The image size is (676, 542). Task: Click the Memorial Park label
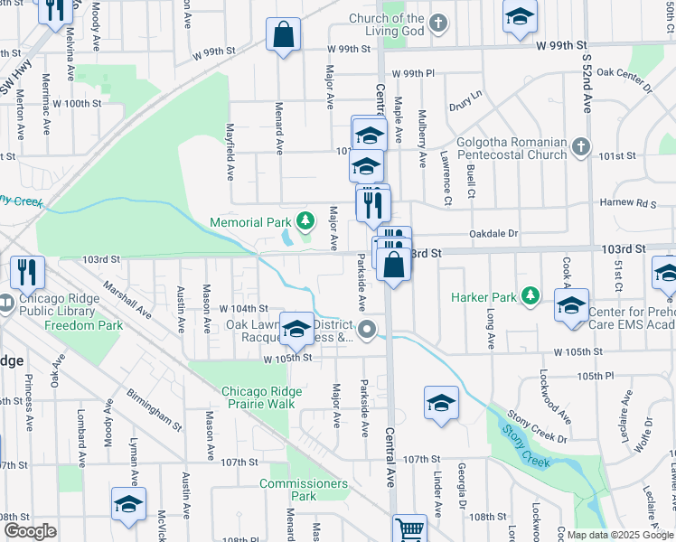tap(250, 222)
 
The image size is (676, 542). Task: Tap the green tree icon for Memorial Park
tap(306, 220)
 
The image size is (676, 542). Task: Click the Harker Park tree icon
tap(531, 295)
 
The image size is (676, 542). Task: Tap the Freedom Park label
tap(83, 325)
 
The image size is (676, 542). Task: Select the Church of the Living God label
tap(387, 24)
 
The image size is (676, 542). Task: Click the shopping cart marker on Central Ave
tap(409, 528)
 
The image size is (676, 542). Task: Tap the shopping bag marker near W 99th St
tap(283, 36)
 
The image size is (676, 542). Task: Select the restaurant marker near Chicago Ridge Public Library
tap(27, 271)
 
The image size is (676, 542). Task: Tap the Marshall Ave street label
tap(127, 299)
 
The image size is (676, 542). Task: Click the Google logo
tap(30, 531)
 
